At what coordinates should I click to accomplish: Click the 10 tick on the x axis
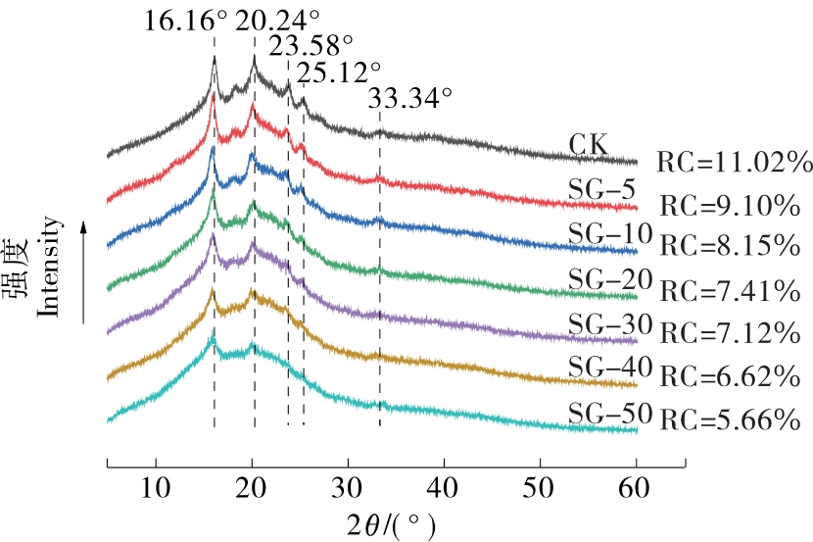[x=155, y=486]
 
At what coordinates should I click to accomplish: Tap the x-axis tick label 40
[x=444, y=486]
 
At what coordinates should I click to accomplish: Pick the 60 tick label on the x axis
[x=636, y=486]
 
